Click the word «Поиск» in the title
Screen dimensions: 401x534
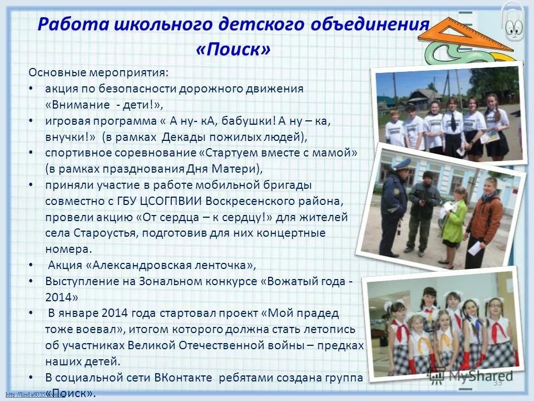click(x=234, y=49)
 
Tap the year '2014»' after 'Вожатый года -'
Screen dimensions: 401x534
click(x=62, y=296)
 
